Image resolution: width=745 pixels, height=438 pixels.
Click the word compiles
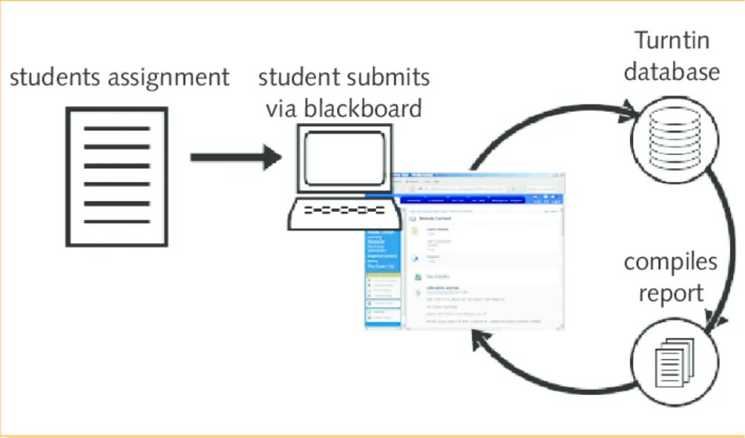(670, 262)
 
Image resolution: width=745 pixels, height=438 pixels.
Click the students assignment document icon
(117, 176)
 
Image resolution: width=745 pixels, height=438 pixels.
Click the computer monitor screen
(342, 152)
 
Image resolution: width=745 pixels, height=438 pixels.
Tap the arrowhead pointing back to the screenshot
(479, 340)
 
